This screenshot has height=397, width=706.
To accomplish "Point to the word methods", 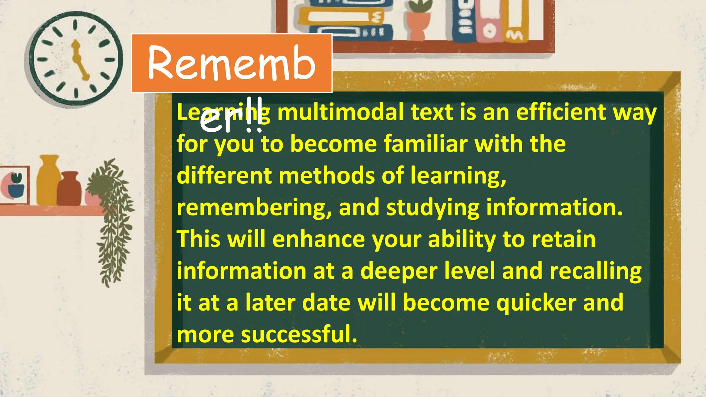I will point(327,176).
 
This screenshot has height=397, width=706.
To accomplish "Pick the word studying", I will point(433,207).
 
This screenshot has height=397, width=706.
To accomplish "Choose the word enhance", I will point(319,239).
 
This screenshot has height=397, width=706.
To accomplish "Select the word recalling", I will point(595,271).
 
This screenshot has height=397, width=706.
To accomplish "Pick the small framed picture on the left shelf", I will point(14,185).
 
